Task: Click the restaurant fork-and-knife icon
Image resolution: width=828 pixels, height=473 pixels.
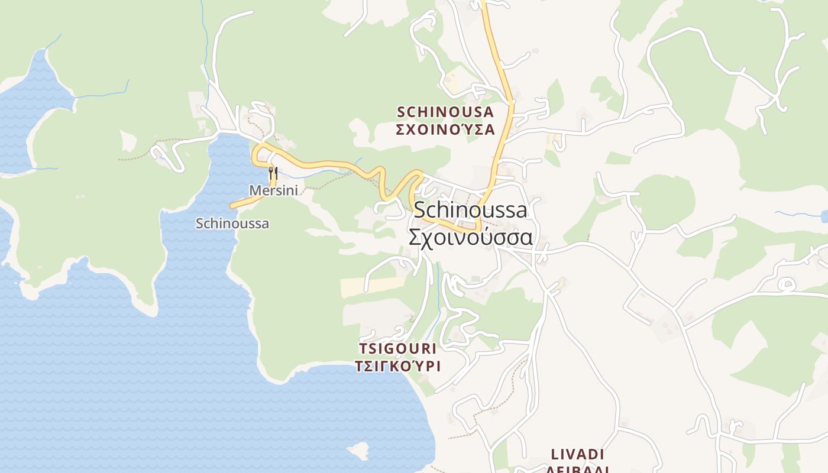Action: (x=273, y=173)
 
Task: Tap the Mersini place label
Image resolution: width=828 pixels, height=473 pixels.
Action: (x=273, y=190)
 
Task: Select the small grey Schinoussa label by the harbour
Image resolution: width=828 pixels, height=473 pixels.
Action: (x=232, y=223)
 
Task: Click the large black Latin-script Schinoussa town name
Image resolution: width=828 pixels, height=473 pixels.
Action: (x=470, y=209)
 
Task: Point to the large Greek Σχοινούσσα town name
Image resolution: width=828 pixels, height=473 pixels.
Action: (x=470, y=237)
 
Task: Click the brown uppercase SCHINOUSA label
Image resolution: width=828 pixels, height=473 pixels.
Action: (x=445, y=112)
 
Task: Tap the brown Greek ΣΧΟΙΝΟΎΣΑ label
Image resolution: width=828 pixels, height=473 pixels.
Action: (x=445, y=130)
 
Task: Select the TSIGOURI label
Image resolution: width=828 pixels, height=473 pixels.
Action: (x=397, y=348)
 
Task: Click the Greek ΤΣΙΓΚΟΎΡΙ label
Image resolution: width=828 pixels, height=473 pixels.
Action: (x=397, y=366)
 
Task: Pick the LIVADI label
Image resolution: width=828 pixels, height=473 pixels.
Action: (x=577, y=454)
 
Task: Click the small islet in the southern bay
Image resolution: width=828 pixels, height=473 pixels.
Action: (x=357, y=451)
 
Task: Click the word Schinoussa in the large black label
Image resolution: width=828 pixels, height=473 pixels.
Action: (x=470, y=209)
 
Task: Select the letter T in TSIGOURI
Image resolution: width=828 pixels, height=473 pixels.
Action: (x=363, y=348)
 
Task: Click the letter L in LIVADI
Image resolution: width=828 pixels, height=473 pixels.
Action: (x=555, y=454)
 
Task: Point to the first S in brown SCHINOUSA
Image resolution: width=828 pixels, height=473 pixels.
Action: (x=401, y=112)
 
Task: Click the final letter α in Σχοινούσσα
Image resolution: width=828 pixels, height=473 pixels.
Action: (x=525, y=237)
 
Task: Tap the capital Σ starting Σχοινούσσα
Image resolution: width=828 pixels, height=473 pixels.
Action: (x=416, y=237)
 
